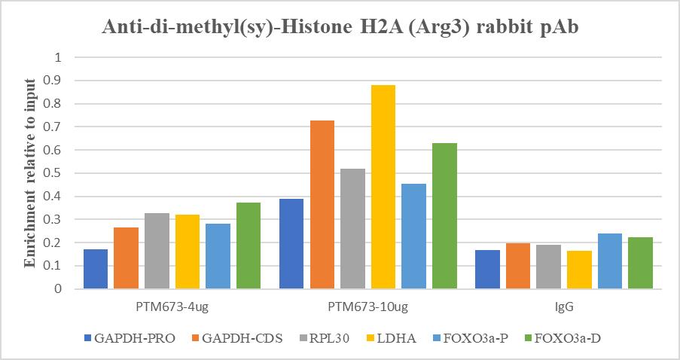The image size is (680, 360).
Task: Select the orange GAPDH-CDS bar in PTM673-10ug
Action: coord(322,204)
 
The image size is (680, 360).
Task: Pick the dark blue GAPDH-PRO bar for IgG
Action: coord(487,269)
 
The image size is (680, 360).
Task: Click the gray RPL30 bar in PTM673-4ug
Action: coord(157,251)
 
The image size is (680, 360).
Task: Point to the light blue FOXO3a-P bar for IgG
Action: coord(609,261)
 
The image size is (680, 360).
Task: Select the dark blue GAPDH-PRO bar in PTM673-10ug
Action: coord(291,243)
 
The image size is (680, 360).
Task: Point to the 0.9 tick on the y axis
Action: coord(59,81)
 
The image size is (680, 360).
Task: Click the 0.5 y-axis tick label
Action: coord(59,173)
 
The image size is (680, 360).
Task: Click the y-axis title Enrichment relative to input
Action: coord(31,172)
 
